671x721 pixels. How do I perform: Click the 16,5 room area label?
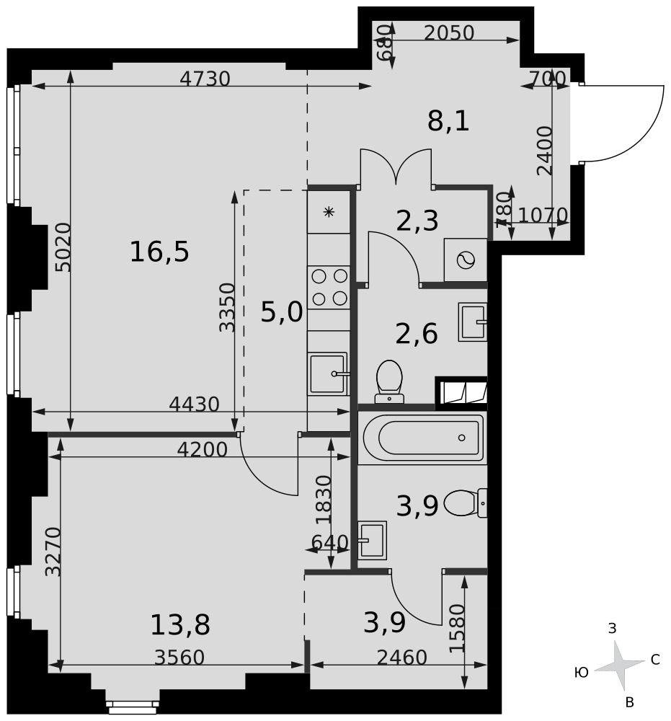tap(159, 252)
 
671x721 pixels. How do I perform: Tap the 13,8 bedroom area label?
tap(180, 625)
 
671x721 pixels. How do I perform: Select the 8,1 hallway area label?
tap(448, 121)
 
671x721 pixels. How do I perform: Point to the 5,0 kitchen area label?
tap(282, 311)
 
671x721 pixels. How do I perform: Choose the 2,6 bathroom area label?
tap(417, 333)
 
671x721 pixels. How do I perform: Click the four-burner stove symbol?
tap(329, 288)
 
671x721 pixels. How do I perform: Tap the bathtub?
tap(423, 438)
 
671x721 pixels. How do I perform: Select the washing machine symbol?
tap(466, 260)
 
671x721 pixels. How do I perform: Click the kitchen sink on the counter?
tap(328, 373)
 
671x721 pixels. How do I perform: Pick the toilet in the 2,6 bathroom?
tap(389, 381)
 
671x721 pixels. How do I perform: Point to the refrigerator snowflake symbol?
tap(329, 212)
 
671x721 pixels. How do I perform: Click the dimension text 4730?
tap(205, 79)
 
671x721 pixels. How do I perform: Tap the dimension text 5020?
tap(63, 247)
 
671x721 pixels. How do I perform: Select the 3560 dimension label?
tap(179, 658)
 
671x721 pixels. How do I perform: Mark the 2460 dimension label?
tap(401, 658)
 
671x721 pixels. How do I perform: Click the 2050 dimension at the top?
tap(448, 33)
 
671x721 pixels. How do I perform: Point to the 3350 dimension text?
tap(227, 307)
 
